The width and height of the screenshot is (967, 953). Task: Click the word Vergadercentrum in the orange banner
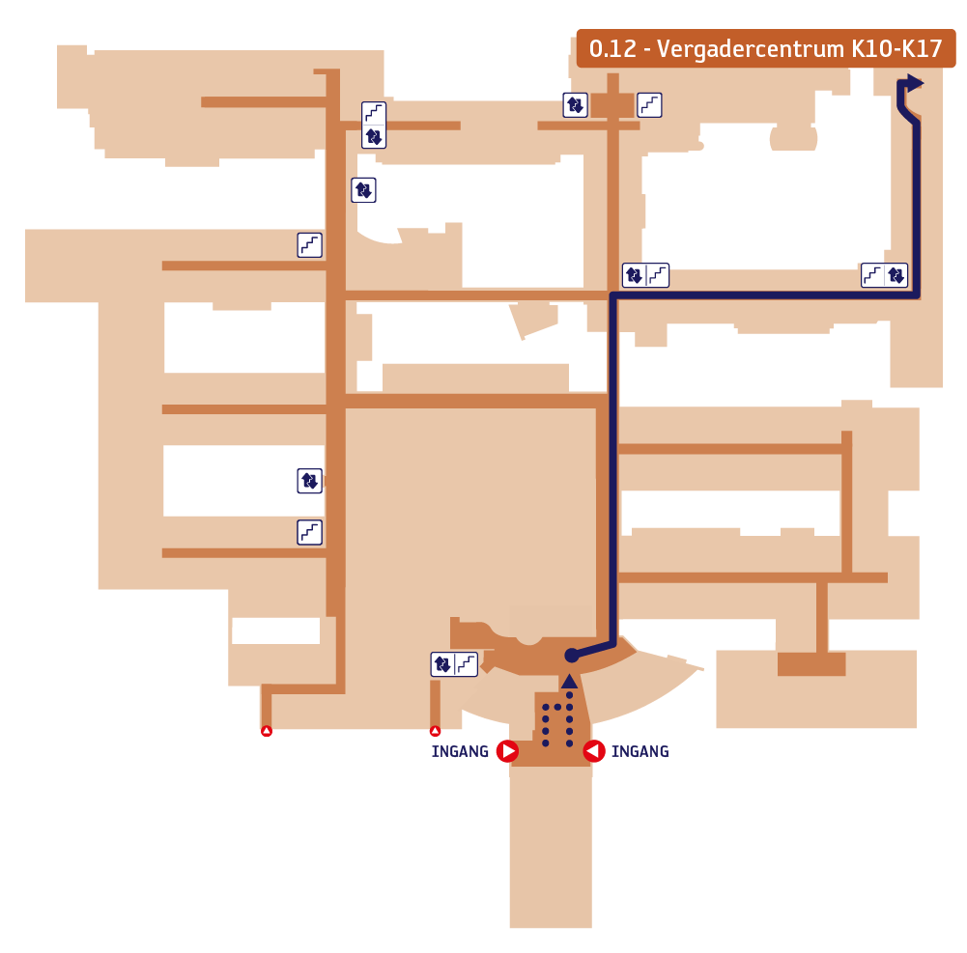point(751,49)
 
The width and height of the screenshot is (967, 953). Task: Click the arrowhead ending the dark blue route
point(915,83)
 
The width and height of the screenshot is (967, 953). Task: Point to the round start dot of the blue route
point(572,656)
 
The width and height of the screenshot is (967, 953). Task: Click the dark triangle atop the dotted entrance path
point(569,681)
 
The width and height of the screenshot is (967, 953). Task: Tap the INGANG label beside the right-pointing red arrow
point(460,751)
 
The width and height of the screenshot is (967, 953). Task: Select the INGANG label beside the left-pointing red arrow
point(640,751)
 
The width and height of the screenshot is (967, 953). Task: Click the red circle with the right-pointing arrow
point(507,751)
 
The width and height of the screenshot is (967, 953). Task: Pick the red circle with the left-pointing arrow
point(594,751)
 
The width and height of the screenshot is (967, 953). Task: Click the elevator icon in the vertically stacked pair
point(374,136)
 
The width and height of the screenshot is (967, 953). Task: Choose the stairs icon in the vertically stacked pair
point(374,113)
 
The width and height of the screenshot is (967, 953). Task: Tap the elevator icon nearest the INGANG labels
point(442,664)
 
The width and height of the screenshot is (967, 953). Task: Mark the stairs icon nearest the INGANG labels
point(467,664)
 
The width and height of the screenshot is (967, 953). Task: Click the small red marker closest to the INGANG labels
point(436,731)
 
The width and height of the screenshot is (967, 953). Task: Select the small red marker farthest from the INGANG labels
point(267,731)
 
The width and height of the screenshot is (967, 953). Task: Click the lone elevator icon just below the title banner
point(576,105)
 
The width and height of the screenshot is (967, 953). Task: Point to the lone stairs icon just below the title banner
point(649,105)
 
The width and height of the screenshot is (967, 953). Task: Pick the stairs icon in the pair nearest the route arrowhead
point(872,275)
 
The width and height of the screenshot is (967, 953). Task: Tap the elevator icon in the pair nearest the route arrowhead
point(896,275)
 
